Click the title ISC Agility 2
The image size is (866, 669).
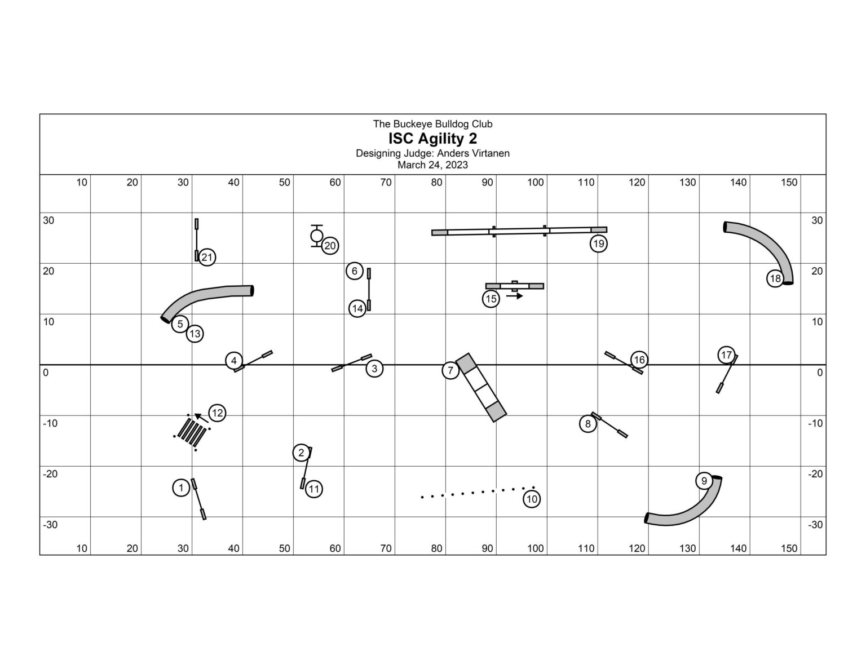coord(432,139)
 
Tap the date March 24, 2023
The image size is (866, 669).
coord(432,165)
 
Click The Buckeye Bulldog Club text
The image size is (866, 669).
coord(432,124)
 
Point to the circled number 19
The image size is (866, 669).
coord(598,244)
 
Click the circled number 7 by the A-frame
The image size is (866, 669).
coord(450,371)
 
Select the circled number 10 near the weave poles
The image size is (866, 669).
coord(532,499)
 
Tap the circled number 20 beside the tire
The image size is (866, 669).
coord(330,246)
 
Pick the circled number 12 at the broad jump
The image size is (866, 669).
coord(217,413)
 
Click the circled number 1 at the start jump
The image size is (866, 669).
coord(180,488)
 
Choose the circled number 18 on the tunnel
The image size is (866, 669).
coord(775,278)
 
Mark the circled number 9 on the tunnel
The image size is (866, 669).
coord(704,481)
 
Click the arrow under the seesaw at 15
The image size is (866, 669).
coord(514,296)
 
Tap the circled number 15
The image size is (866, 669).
coord(491,299)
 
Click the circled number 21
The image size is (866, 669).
coord(207,258)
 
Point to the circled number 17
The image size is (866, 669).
coord(726,355)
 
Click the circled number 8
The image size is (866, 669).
coord(587,424)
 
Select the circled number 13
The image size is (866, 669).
coord(195,334)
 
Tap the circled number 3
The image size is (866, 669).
coord(374,369)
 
